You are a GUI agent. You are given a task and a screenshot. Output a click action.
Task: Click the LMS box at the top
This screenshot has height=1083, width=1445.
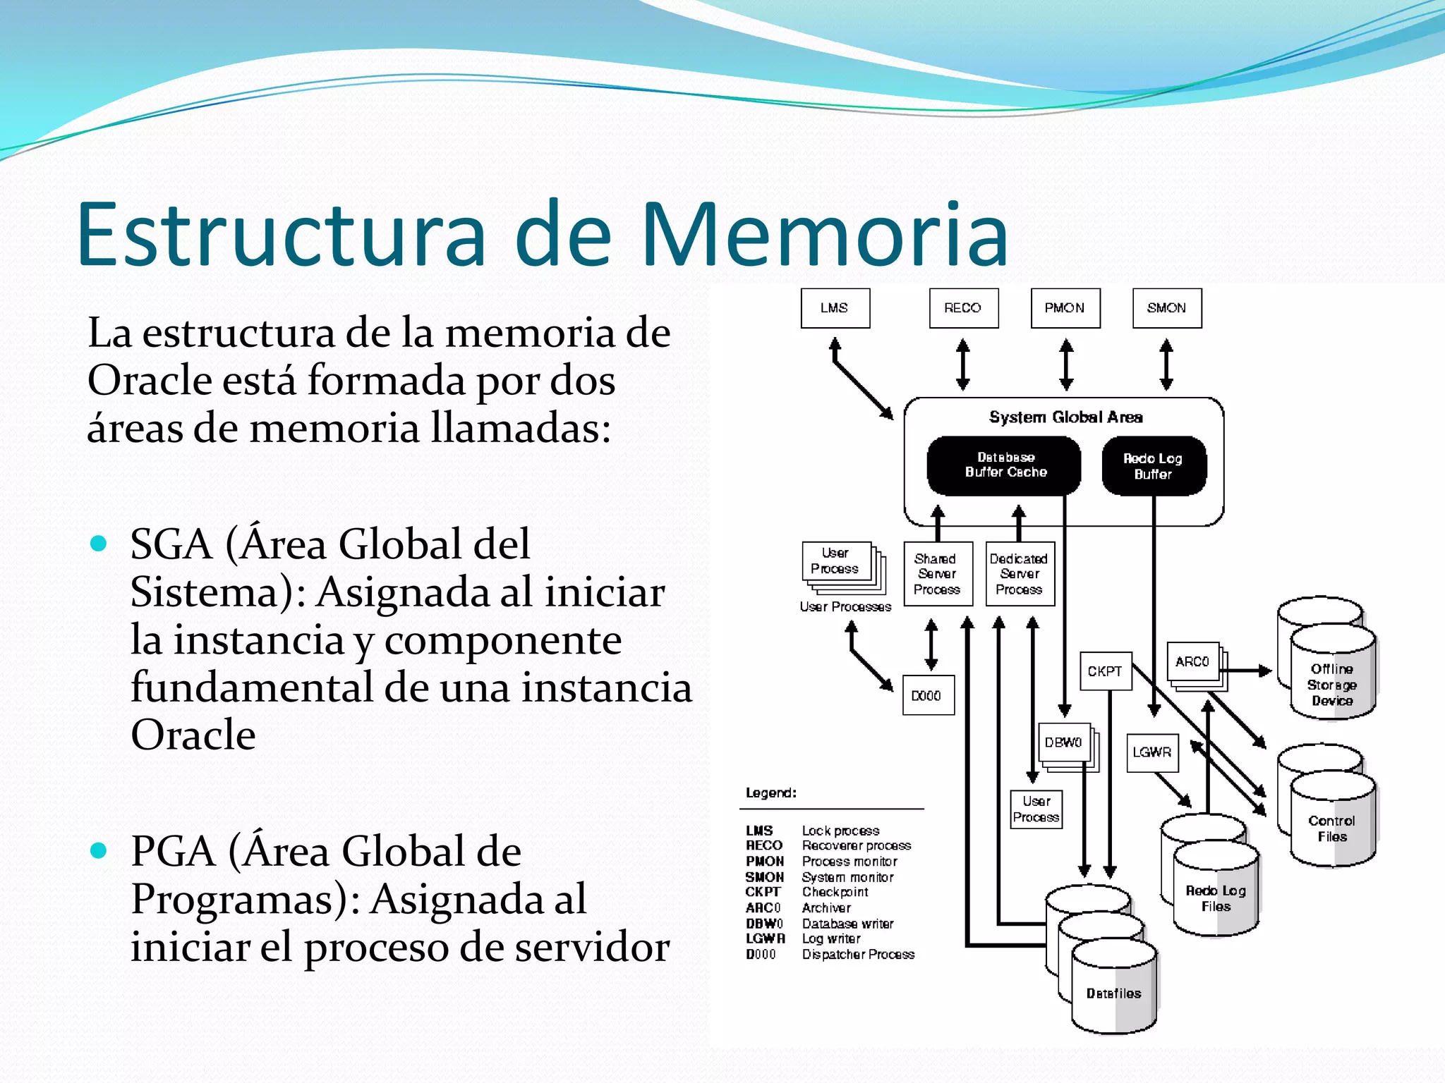coord(835,308)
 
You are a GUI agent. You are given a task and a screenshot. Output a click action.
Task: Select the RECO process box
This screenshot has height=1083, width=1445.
coord(963,308)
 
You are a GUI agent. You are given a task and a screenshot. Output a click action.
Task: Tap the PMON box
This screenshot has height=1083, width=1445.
coord(1065,308)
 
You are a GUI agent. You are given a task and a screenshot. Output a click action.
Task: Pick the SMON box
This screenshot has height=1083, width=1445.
coord(1166,308)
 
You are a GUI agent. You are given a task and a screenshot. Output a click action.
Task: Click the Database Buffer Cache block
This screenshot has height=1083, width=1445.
coord(1004,465)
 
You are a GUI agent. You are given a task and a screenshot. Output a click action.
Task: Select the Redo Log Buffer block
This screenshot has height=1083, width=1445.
coord(1153,466)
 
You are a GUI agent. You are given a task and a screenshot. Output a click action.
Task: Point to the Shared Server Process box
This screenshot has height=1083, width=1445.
coord(937,574)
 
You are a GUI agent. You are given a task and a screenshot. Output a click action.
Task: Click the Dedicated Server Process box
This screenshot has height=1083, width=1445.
coord(1019,574)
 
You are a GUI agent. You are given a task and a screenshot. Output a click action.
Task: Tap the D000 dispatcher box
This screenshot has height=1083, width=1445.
coord(927,696)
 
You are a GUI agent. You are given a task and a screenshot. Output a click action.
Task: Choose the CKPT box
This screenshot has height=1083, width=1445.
coord(1105,671)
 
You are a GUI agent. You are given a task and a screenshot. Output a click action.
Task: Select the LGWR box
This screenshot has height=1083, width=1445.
coord(1151,752)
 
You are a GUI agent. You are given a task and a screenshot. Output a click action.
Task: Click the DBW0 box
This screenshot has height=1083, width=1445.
coord(1063,742)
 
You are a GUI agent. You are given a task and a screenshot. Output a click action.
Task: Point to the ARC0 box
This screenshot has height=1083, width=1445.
coord(1192,661)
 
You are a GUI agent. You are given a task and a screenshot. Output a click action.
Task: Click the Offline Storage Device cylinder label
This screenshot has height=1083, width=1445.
coord(1331,685)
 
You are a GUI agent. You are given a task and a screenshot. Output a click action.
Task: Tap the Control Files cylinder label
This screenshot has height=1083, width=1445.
coord(1331,828)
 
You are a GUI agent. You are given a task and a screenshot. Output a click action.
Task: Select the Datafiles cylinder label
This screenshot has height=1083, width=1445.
coord(1113,993)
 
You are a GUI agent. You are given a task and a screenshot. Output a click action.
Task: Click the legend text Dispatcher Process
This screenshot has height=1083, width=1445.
coord(858,955)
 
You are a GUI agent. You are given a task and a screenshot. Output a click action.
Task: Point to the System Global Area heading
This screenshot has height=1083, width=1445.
coord(1065,417)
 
